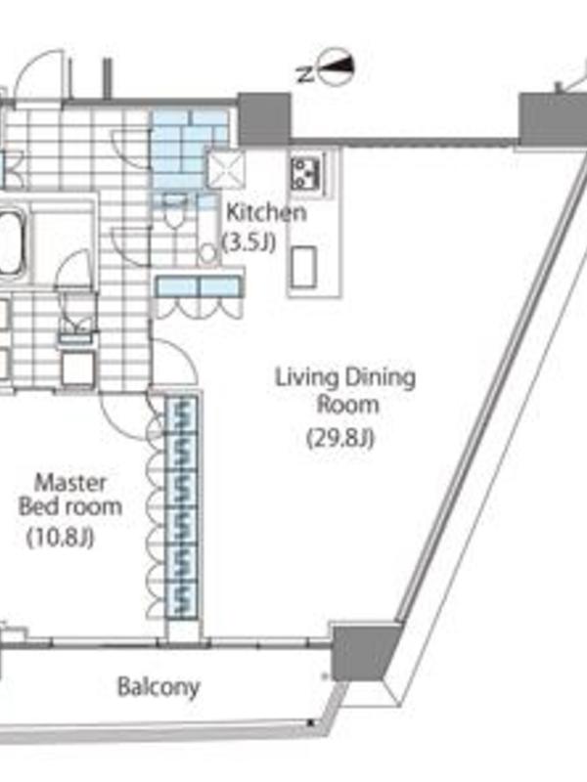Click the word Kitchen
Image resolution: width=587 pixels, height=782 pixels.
coord(266,212)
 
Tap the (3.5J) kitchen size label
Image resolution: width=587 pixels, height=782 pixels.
coord(248,242)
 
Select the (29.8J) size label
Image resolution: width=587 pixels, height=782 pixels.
coord(340,438)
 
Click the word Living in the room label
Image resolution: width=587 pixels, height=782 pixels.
coord(306,377)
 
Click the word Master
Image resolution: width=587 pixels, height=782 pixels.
coord(70,483)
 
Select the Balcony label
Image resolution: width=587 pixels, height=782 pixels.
coord(158,687)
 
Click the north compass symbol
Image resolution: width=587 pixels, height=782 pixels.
coord(337,66)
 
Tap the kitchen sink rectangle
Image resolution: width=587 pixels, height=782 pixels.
coord(303,267)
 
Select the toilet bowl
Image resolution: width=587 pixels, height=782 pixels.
coord(175,214)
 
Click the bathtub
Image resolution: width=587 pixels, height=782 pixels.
coord(11,242)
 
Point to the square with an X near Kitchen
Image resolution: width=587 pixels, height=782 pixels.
coord(226,168)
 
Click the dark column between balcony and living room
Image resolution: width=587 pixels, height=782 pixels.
coord(366,650)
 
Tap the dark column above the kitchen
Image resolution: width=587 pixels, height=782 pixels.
coord(264,119)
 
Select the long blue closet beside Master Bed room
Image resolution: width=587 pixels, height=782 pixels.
coord(181,507)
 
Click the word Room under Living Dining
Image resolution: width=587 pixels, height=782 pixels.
coord(348,404)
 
